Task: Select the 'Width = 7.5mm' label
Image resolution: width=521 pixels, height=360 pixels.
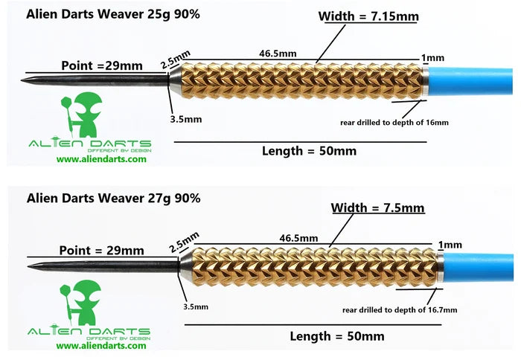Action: [x=377, y=208]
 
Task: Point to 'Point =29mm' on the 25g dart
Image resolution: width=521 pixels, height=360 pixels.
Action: [x=101, y=65]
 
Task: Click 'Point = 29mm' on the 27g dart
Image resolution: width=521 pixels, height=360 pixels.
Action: [x=102, y=250]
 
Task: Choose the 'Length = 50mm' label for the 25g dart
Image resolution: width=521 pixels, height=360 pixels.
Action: [x=309, y=151]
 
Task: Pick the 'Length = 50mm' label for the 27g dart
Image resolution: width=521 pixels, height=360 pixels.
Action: [x=337, y=336]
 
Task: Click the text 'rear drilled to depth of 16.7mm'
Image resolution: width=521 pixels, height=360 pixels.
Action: [x=400, y=309]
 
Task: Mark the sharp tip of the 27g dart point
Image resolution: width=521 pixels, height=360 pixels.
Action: [x=28, y=265]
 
